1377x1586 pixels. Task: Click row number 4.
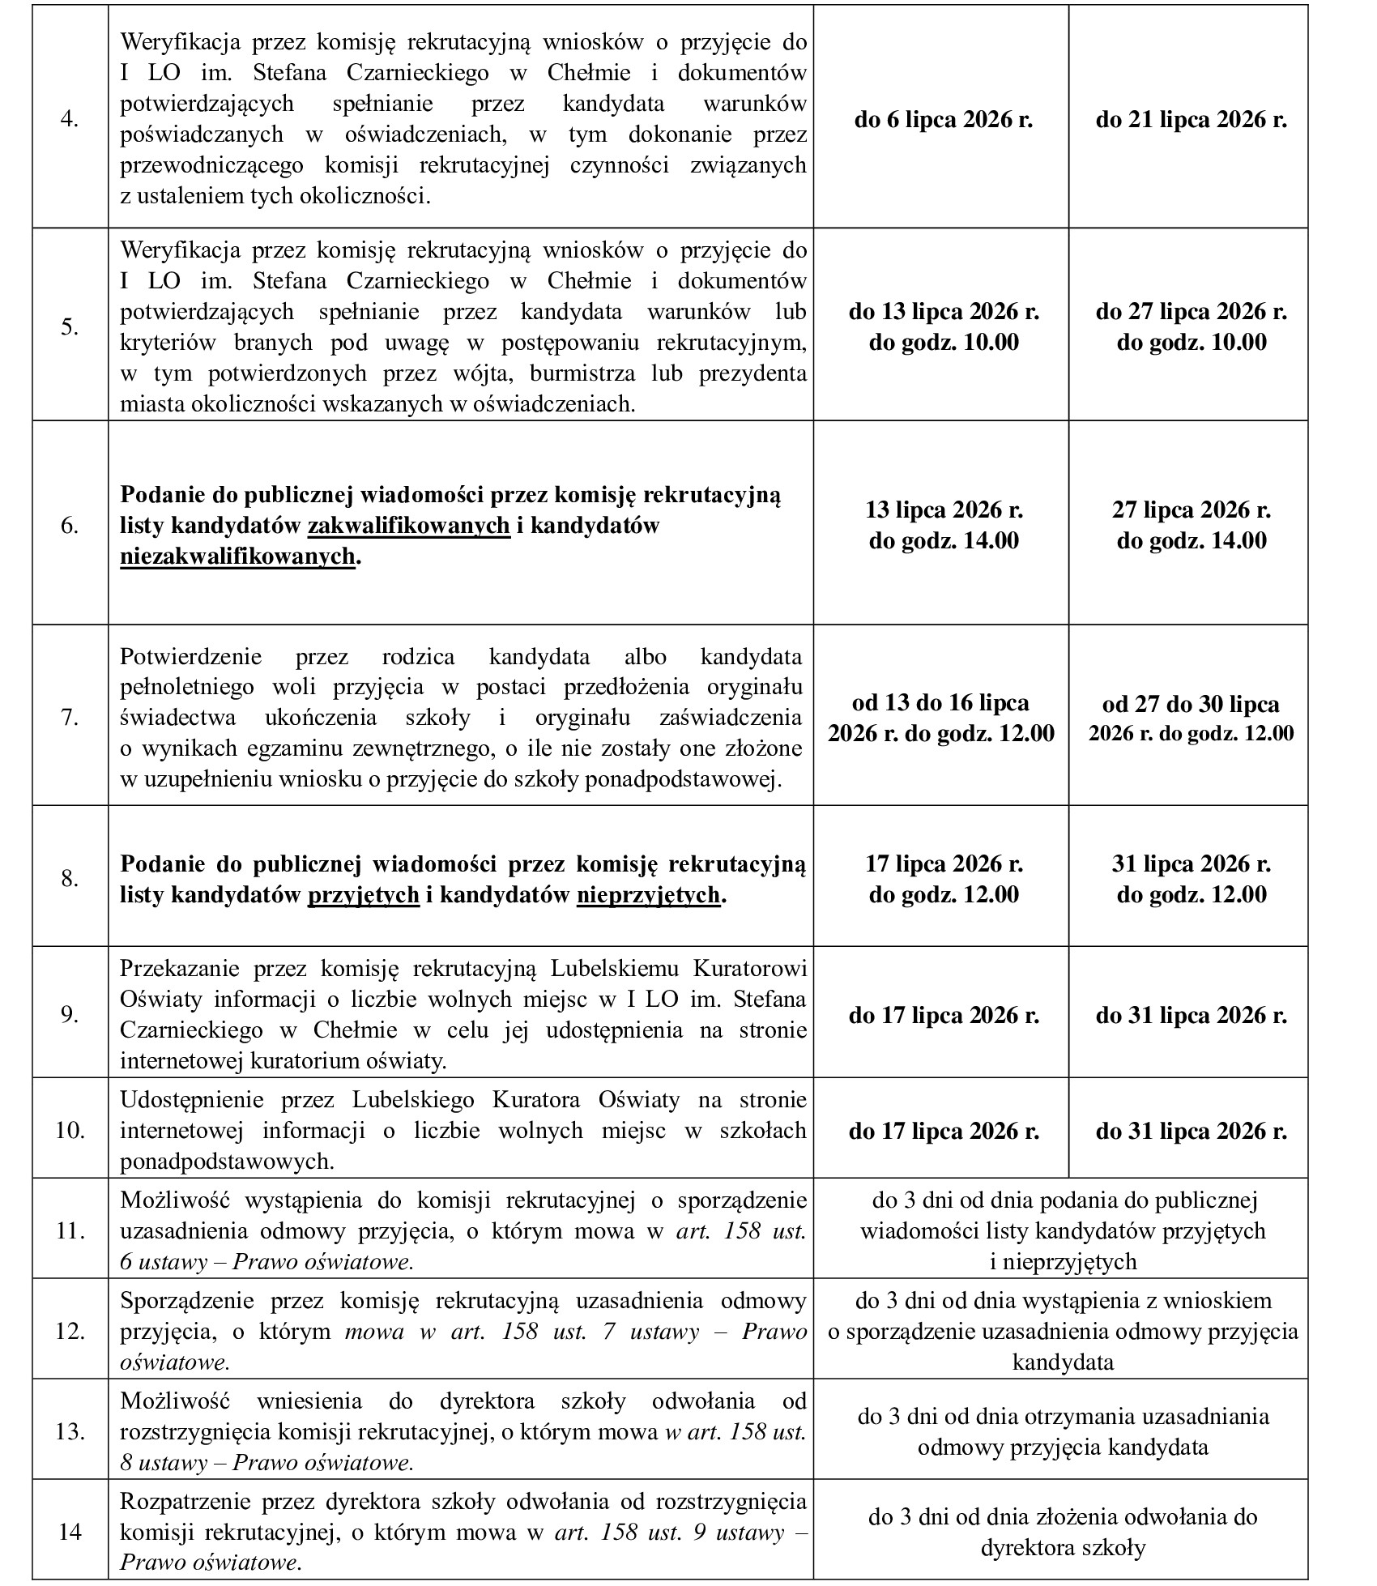tap(70, 119)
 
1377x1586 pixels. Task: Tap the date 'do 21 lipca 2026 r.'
tap(1191, 120)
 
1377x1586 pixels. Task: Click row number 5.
tap(70, 326)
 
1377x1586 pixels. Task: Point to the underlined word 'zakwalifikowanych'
tap(409, 526)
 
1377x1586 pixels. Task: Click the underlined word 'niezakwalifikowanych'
tap(237, 556)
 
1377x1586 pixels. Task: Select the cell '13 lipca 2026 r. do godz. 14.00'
tap(944, 525)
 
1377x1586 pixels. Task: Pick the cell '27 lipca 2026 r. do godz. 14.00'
tap(1191, 525)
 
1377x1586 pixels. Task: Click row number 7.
tap(70, 718)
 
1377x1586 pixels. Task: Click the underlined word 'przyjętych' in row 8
tap(364, 894)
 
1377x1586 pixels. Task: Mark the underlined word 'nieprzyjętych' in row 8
tap(648, 894)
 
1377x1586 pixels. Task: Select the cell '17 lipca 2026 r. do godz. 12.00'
tap(944, 879)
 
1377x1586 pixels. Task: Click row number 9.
tap(70, 1015)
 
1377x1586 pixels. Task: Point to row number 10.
tap(70, 1130)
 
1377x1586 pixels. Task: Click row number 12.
tap(70, 1330)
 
